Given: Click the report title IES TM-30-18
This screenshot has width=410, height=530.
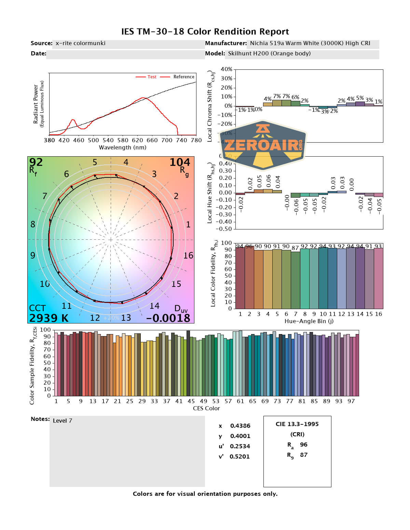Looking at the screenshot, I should pyautogui.click(x=205, y=32).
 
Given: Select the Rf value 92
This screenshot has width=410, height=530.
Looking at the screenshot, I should pyautogui.click(x=36, y=162).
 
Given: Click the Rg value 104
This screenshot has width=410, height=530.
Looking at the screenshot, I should pyautogui.click(x=180, y=162).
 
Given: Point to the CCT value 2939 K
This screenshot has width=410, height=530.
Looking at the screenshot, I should pyautogui.click(x=49, y=318).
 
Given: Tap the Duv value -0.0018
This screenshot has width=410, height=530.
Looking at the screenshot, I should pyautogui.click(x=168, y=318).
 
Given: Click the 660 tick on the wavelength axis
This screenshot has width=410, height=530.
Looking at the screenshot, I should pyautogui.click(x=152, y=140).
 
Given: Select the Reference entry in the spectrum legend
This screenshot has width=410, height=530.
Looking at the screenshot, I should pyautogui.click(x=183, y=77).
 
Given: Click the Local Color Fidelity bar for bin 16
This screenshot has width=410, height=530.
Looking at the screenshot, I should pyautogui.click(x=378, y=278).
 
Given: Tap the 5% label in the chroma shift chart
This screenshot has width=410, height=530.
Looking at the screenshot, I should pyautogui.click(x=360, y=98).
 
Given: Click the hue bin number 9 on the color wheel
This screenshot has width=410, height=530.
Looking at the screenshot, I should pyautogui.click(x=33, y=255).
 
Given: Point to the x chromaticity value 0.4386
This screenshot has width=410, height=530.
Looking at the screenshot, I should pyautogui.click(x=240, y=426).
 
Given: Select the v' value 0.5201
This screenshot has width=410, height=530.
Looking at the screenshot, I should pyautogui.click(x=240, y=456).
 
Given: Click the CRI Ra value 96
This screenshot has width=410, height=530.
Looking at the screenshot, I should pyautogui.click(x=303, y=445).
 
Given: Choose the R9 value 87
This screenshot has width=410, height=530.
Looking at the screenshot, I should pyautogui.click(x=303, y=455).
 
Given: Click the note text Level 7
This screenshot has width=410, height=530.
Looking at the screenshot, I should pyautogui.click(x=63, y=421).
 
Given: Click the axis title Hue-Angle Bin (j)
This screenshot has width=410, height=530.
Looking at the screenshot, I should pyautogui.click(x=309, y=321).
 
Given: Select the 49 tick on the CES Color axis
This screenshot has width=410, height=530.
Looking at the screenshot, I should pyautogui.click(x=204, y=401).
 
